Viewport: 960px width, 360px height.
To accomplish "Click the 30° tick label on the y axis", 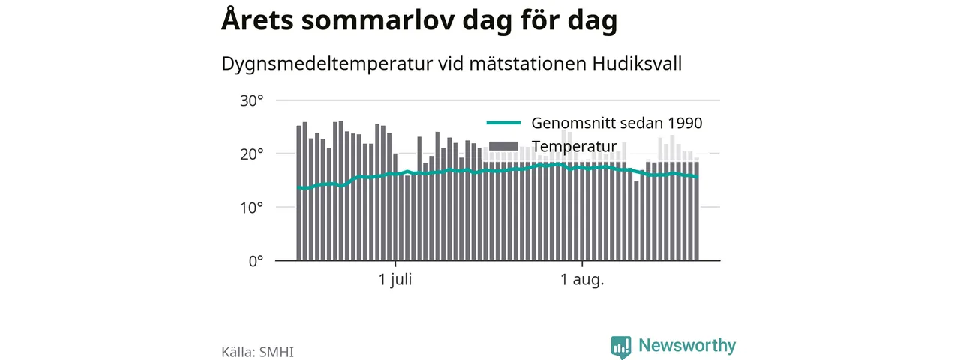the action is click(x=251, y=101).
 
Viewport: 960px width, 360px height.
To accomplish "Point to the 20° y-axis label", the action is click(x=251, y=154).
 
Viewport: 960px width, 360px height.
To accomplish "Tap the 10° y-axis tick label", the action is click(x=251, y=208).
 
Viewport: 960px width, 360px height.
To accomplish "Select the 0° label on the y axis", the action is click(x=256, y=261).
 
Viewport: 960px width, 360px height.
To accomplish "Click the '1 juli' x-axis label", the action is click(x=395, y=280).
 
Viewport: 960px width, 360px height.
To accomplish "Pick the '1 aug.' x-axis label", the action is click(x=582, y=280).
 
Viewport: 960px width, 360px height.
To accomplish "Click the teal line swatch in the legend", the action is click(x=503, y=123).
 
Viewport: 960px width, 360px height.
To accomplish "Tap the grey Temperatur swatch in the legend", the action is click(x=503, y=146).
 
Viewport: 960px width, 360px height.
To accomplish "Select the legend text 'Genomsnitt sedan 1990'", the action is click(x=616, y=124).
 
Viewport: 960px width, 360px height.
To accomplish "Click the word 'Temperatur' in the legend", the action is click(x=574, y=146).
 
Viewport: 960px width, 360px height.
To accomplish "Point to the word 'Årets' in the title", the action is click(x=257, y=19).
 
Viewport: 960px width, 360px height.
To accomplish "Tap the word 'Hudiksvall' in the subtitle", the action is click(x=637, y=64).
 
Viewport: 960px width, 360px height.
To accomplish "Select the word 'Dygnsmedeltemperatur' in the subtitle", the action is click(x=327, y=64).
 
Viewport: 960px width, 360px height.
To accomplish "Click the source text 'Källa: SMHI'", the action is click(x=257, y=352).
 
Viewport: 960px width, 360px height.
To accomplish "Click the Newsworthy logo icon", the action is click(x=621, y=346).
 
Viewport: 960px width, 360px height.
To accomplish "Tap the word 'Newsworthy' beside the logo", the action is click(x=687, y=346).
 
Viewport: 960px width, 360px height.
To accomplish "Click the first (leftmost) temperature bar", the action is click(x=299, y=193).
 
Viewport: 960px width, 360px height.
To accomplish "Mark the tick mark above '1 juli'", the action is click(x=395, y=263).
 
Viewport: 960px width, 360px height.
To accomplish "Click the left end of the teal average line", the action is click(x=298, y=187).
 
